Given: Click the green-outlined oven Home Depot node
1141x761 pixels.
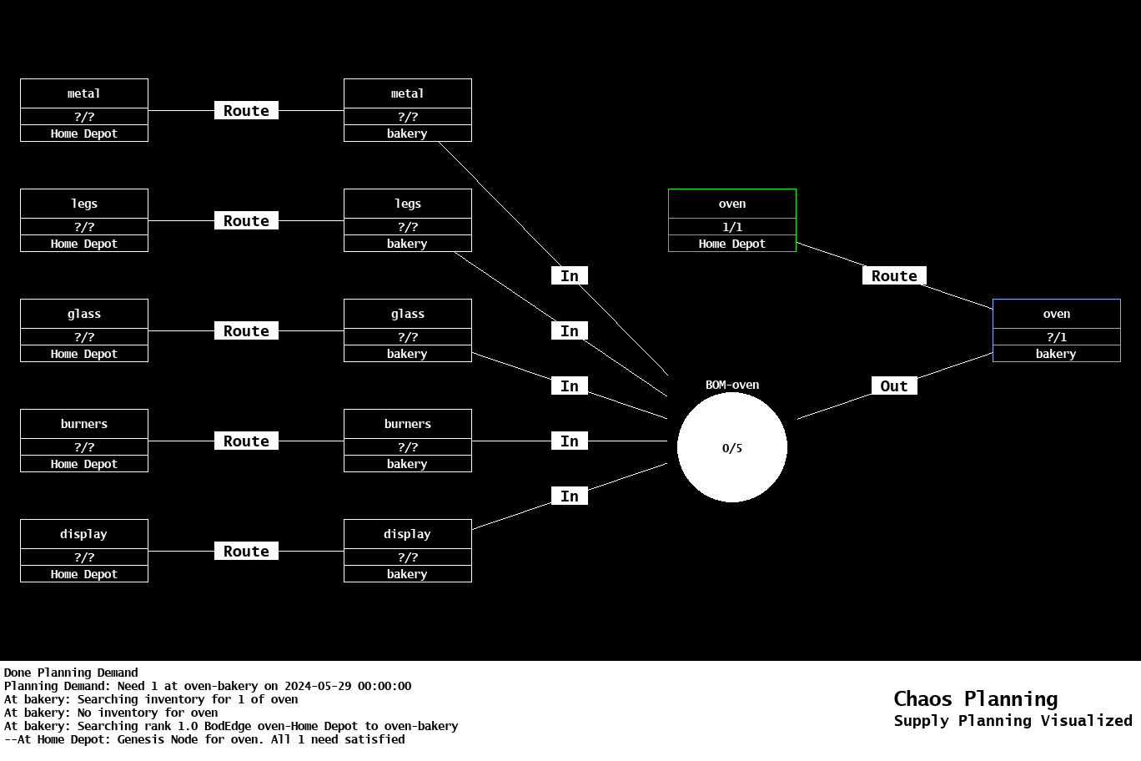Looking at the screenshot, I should point(731,220).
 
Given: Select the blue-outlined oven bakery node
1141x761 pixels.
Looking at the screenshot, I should point(1056,330).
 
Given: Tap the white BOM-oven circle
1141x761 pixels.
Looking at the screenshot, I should point(731,447).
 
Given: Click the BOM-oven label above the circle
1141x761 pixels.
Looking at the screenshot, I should point(731,385).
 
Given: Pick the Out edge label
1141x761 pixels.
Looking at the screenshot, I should point(893,386).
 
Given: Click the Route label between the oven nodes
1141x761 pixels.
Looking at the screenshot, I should point(893,275).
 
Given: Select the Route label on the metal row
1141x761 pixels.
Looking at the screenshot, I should point(246,110).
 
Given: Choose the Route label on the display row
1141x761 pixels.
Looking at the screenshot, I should point(246,551).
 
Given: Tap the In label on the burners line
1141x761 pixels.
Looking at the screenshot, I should point(569,441).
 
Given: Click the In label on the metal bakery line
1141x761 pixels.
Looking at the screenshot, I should point(569,275).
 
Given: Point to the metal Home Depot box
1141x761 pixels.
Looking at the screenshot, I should point(83,110).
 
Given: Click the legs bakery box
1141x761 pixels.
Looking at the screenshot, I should point(407,220).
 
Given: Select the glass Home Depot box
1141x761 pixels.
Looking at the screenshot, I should point(83,330).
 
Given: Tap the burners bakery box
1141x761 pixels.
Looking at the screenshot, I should point(407,441).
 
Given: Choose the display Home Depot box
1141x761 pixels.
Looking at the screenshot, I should point(83,551).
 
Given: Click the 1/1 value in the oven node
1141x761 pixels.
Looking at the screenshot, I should point(731,227).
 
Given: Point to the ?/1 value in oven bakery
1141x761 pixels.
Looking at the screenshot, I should point(1056,337).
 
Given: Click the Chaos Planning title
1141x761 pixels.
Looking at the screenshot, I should point(975,698).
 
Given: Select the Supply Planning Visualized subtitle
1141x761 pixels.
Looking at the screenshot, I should point(1013,721).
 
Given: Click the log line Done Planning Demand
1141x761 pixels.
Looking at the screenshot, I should point(71,673).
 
